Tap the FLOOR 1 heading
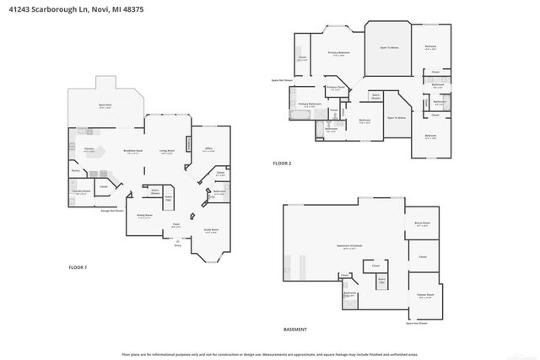(78, 267)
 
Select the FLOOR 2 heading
(282, 163)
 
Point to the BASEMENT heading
(294, 330)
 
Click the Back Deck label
(105, 105)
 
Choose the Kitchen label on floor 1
(89, 150)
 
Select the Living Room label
(167, 152)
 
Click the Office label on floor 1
(208, 149)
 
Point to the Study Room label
(212, 230)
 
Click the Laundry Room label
(79, 192)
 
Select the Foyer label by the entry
(175, 224)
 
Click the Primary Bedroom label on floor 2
(338, 53)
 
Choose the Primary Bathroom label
(310, 105)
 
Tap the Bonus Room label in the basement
(422, 224)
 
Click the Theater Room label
(424, 294)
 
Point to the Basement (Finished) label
(349, 246)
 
